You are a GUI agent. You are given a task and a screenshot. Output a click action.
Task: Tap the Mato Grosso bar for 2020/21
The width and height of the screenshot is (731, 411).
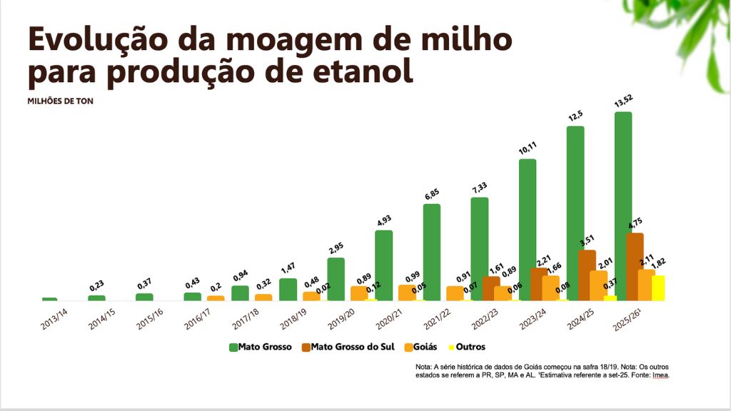(x=383, y=265)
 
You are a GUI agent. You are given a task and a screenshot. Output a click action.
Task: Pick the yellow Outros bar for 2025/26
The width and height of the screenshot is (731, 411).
(x=657, y=288)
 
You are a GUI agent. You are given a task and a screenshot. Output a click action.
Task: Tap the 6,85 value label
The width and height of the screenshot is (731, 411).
(x=433, y=194)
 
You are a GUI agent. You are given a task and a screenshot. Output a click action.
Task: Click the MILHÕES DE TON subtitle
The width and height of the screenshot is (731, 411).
(x=60, y=101)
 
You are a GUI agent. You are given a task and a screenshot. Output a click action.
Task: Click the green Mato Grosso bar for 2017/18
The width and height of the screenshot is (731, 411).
(x=240, y=293)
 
